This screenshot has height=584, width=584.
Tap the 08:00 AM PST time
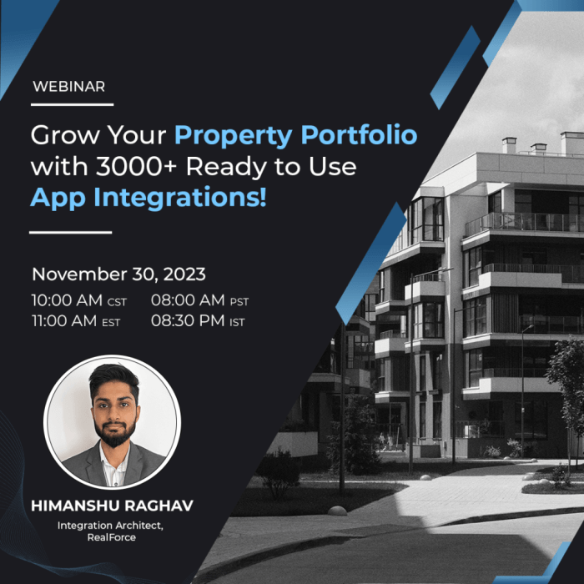tap(199, 301)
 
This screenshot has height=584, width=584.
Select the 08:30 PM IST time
tap(198, 320)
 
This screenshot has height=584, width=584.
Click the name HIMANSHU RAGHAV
tap(111, 506)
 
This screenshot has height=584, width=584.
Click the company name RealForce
tap(111, 539)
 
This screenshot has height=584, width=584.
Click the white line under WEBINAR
tap(72, 104)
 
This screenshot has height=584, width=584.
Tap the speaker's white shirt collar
tap(107, 457)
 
